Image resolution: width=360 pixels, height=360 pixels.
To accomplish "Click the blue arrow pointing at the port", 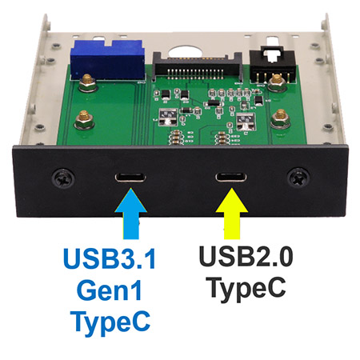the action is coord(130,214).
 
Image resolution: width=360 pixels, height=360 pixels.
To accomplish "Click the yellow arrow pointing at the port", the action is coord(232,214).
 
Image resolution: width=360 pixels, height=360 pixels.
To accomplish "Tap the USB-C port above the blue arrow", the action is coord(130,178).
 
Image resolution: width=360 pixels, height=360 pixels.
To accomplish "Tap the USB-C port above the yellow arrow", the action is coord(231,178).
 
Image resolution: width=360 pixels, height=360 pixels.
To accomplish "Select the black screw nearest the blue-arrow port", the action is coord(63,178).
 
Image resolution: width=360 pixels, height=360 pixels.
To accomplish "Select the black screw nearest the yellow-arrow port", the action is coord(298,178).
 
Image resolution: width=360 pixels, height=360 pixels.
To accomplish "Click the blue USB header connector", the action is coord(108,60).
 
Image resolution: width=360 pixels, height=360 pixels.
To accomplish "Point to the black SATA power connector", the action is coord(198,66).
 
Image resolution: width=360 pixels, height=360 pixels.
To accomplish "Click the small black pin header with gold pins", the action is coord(272,66).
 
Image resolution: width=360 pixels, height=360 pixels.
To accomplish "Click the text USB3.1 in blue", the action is coord(110,258).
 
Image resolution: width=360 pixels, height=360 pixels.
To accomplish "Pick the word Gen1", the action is coord(110,290).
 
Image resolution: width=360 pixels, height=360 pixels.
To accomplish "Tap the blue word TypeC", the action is coord(110,323).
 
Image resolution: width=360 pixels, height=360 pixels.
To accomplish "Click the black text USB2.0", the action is coord(246,256).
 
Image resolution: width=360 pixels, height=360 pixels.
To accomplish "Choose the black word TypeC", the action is coord(247,290).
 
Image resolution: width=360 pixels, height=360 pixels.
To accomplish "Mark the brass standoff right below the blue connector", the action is coord(87,83).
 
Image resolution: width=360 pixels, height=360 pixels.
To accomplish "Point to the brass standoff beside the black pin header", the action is coord(277,82).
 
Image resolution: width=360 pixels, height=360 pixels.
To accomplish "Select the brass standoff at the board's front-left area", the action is coord(84,120).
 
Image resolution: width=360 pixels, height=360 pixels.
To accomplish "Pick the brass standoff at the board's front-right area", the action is coord(281,118).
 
